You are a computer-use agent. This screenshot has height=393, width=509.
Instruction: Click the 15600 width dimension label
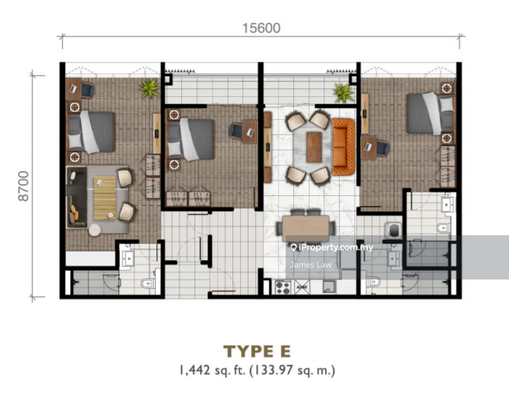click(261, 28)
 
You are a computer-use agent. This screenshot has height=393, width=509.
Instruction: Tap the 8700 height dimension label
click(26, 187)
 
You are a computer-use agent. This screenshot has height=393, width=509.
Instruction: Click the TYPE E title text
click(257, 351)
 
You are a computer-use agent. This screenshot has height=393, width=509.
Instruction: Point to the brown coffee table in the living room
click(315, 146)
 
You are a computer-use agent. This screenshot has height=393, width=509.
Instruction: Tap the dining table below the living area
click(307, 227)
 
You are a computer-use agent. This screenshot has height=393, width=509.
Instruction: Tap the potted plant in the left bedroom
click(149, 88)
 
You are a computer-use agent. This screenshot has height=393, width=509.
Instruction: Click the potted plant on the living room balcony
click(341, 91)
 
